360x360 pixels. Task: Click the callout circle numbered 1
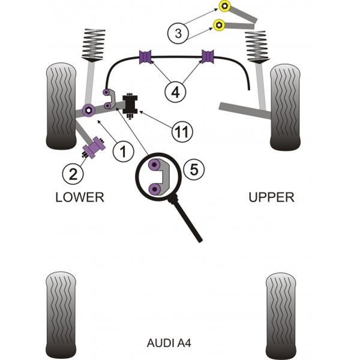point(123,152)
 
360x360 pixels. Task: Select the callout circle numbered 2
point(73,174)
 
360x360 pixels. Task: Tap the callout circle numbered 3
point(178,33)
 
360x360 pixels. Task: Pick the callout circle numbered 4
point(175,92)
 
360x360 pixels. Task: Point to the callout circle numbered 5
point(194,170)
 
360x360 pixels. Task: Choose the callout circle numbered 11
point(182,131)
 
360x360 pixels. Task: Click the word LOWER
point(80,197)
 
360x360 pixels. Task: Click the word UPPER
point(271,197)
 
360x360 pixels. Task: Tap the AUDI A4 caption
point(169,343)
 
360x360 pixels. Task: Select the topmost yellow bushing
point(224,6)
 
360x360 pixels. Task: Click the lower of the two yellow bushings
point(219,25)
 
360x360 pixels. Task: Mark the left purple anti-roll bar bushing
point(146,57)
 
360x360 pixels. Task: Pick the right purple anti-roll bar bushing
point(208,56)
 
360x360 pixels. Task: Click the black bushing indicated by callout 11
point(130,104)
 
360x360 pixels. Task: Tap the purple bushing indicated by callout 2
point(94,147)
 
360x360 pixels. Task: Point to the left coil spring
point(94,45)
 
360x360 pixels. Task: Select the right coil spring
point(257,47)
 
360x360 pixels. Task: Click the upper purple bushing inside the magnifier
point(155,164)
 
